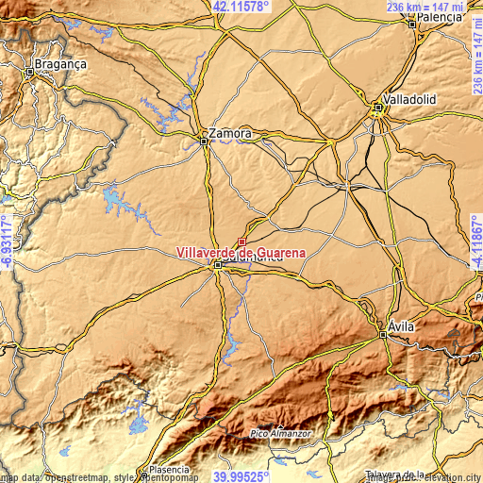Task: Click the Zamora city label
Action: (231, 133)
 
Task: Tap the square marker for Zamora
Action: (205, 142)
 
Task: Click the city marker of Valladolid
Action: (378, 108)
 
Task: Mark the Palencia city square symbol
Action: (413, 24)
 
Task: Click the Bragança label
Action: (60, 64)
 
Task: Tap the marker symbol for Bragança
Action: (31, 70)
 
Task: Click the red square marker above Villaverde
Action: (241, 241)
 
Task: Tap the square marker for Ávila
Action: (382, 334)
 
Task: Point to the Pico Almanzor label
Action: (279, 431)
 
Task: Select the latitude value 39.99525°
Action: (241, 476)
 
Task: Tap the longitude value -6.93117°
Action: (7, 241)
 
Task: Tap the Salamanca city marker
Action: (218, 266)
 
